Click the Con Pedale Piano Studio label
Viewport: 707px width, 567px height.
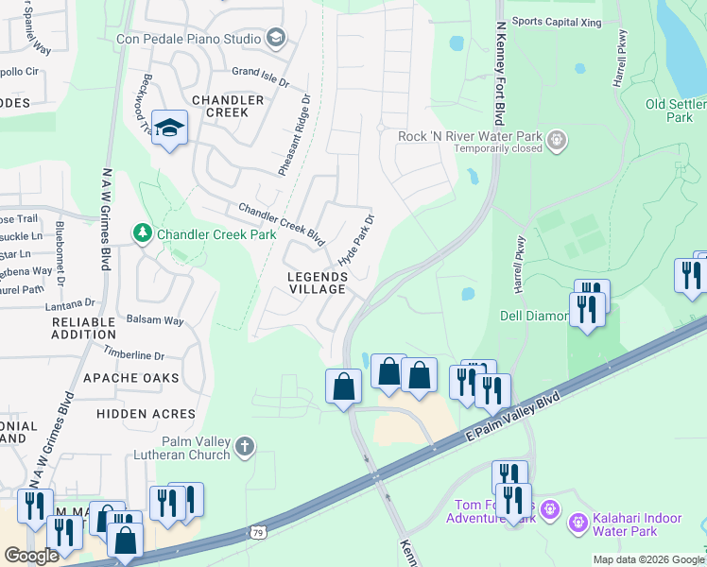coord(188,39)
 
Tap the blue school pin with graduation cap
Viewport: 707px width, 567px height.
coord(169,129)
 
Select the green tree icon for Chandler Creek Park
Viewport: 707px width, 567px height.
coord(143,232)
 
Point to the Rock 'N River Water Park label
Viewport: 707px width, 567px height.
coord(469,136)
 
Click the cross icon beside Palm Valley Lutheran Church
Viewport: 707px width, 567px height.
coord(244,446)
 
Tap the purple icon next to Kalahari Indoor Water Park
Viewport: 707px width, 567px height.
coord(577,520)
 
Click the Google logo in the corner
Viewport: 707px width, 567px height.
coord(30,556)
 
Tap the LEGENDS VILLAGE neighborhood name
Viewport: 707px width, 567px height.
coord(318,283)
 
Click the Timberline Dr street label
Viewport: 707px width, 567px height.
coord(134,356)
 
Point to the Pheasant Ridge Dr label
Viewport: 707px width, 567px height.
coord(294,134)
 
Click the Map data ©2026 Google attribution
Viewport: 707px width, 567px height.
coord(647,558)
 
